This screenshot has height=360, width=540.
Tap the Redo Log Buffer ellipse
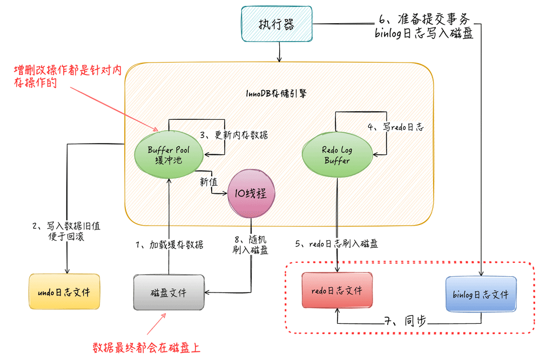point(337,154)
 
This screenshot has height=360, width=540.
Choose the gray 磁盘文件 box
point(169,293)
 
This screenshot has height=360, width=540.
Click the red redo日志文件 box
point(337,290)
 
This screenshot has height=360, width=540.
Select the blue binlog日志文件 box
point(481,294)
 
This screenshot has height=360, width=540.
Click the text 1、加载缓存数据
point(169,244)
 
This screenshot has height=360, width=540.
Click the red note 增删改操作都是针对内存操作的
point(67,77)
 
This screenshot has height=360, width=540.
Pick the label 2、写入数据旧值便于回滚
point(67,232)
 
